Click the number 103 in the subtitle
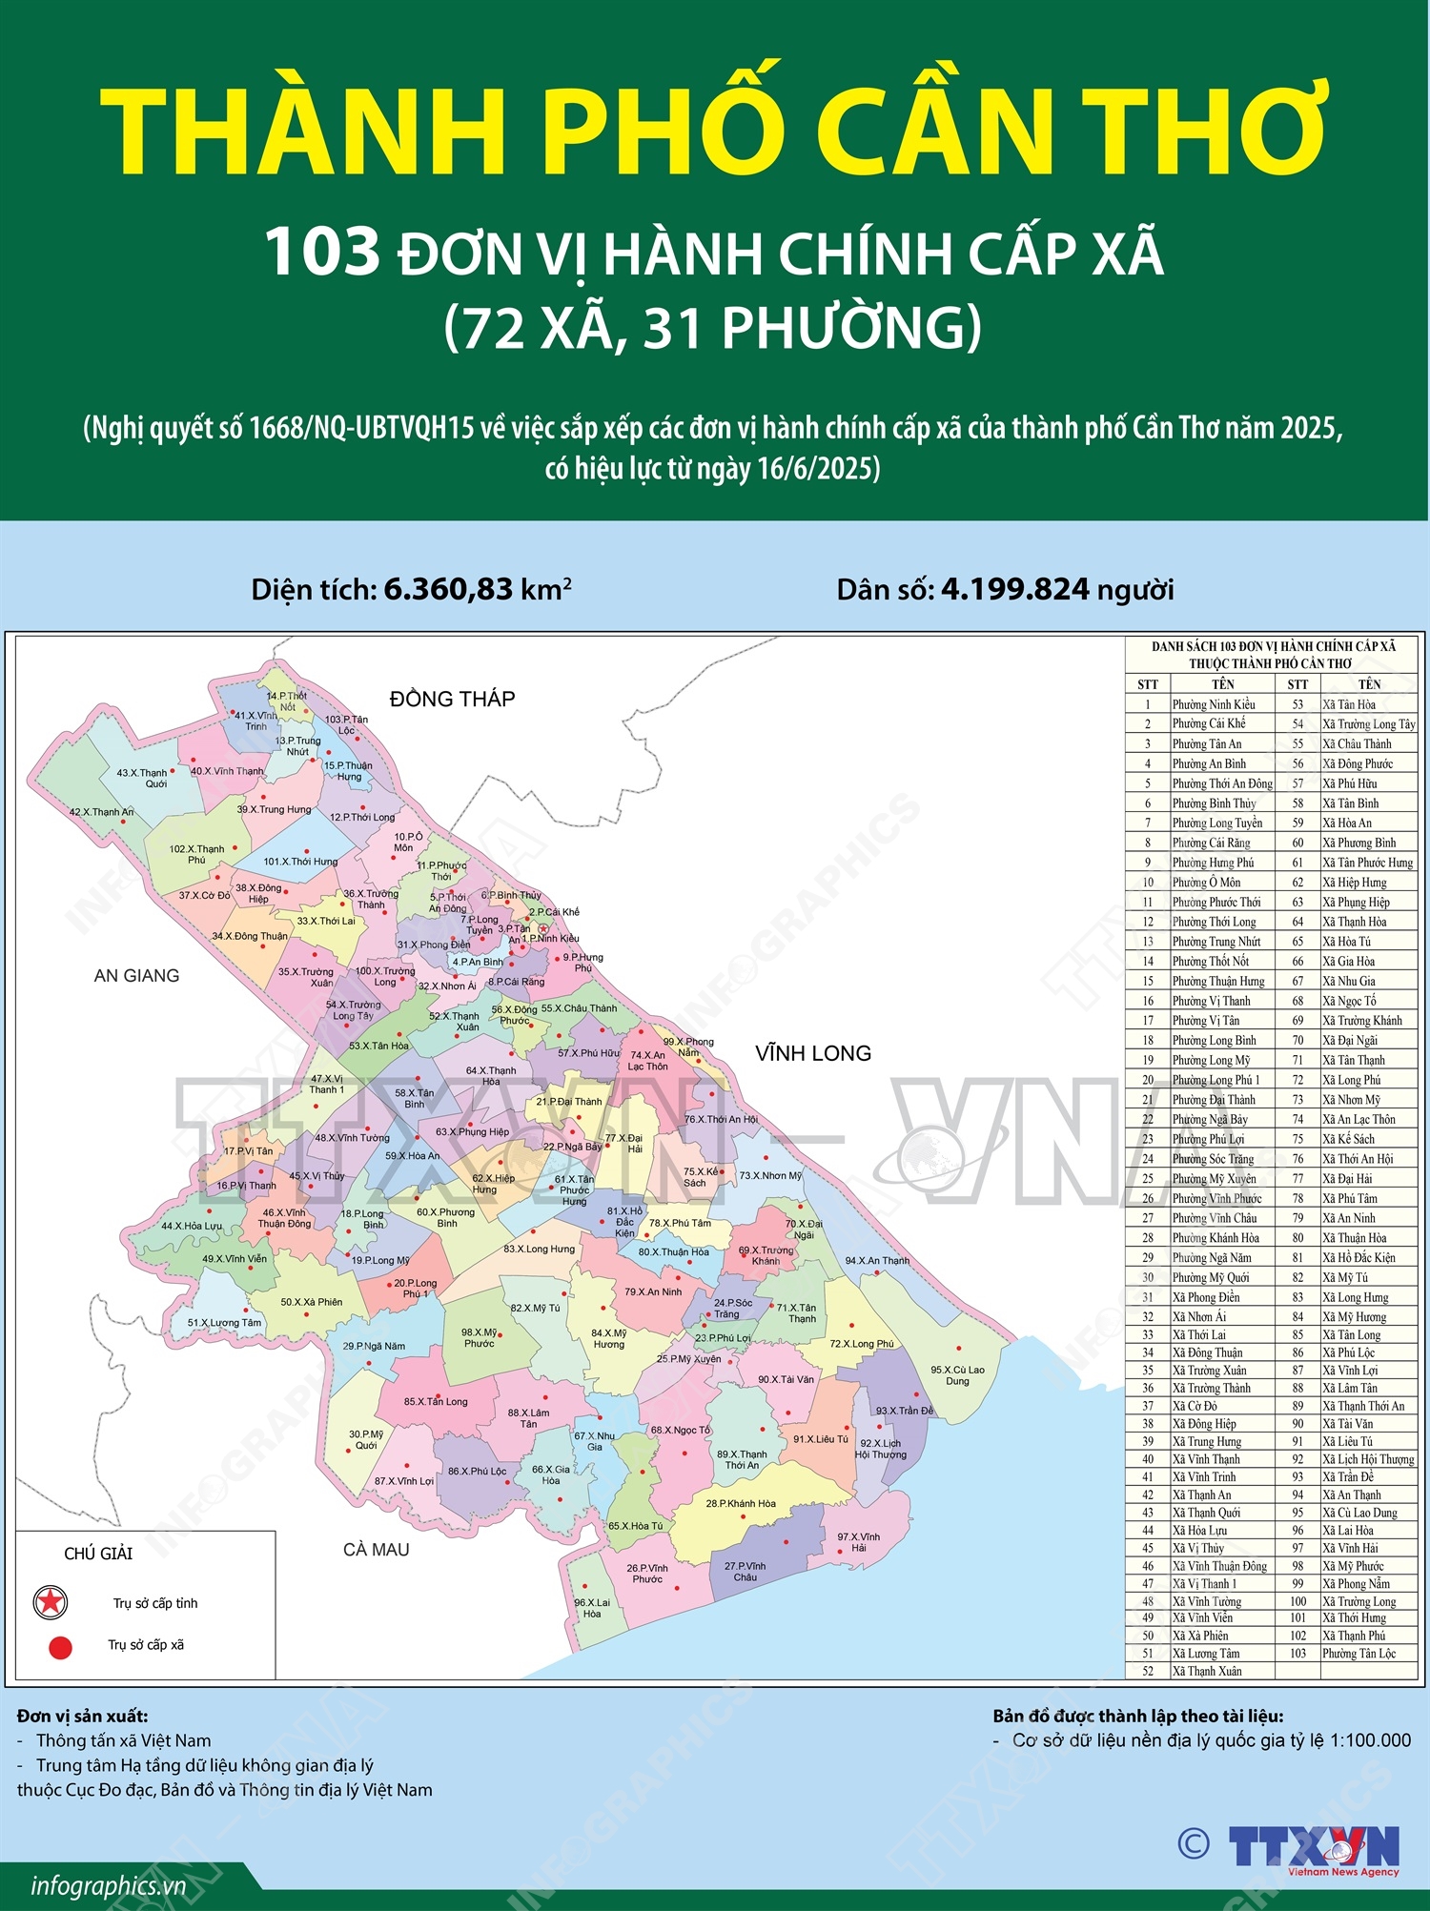click(x=322, y=253)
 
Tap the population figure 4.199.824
click(x=1014, y=590)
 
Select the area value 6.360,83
click(x=448, y=590)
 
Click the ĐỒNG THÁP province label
click(x=452, y=699)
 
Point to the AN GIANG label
click(x=136, y=975)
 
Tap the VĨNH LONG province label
click(x=812, y=1053)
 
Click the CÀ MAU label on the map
click(x=376, y=1550)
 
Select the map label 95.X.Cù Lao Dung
click(x=957, y=1375)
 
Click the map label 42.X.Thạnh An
click(x=101, y=812)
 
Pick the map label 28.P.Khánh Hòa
click(x=741, y=1503)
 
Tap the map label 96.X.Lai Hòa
click(x=592, y=1608)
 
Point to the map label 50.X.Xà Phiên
click(x=311, y=1302)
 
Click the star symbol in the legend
click(x=50, y=1602)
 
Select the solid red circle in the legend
click(x=60, y=1647)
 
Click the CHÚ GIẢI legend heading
click(x=98, y=1554)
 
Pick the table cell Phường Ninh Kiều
click(x=1213, y=704)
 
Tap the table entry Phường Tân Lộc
click(x=1358, y=1653)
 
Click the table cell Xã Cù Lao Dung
click(x=1359, y=1513)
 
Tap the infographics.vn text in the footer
click(x=108, y=1886)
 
